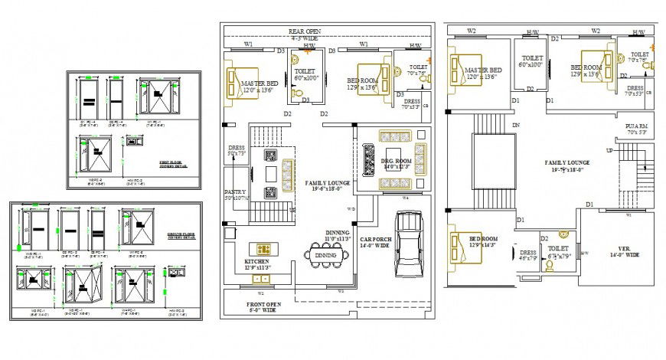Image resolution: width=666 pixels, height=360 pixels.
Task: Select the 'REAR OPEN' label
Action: click(304, 31)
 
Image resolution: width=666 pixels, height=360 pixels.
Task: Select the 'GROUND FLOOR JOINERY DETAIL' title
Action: click(181, 237)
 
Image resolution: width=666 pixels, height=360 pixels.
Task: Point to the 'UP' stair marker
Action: click(609, 151)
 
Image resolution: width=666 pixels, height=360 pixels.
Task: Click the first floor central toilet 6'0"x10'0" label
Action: click(530, 61)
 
